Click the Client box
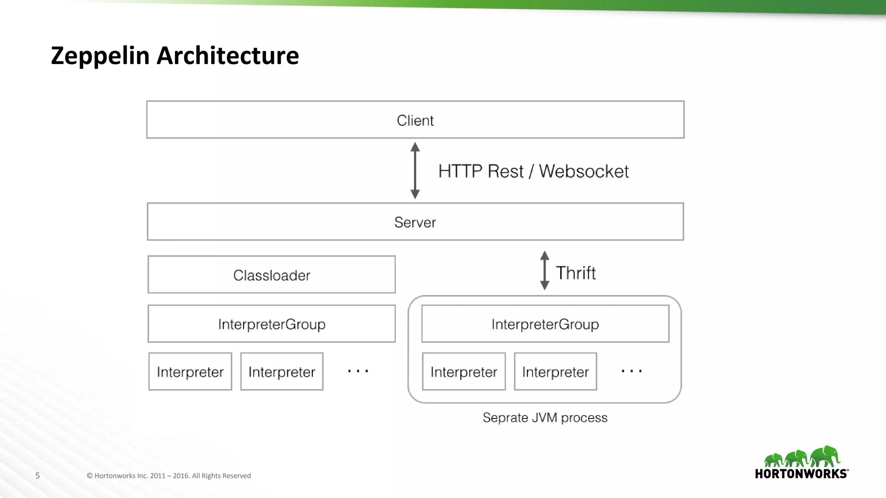tap(415, 120)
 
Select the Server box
tap(415, 222)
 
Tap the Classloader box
tap(272, 275)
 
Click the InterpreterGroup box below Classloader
tap(272, 324)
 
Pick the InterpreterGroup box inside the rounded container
tap(545, 324)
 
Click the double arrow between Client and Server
tap(415, 171)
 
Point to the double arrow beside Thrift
tap(545, 271)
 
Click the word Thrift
tap(576, 273)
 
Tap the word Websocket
tap(584, 171)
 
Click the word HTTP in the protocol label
tap(460, 171)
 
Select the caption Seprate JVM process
tap(545, 418)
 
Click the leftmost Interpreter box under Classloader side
tap(190, 372)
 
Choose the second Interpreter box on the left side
tap(282, 372)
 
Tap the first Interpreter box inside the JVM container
tap(464, 372)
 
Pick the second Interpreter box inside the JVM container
tap(555, 372)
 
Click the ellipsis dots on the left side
tap(358, 371)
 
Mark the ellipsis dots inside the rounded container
tap(632, 371)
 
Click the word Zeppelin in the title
tap(100, 56)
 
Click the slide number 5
tap(38, 476)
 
